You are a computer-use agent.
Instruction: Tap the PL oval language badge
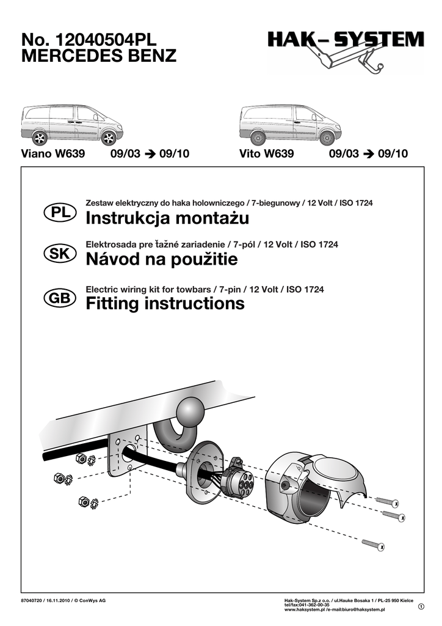pyautogui.click(x=60, y=212)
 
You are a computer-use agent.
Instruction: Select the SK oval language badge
pyautogui.click(x=60, y=254)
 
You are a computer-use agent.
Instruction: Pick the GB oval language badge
pyautogui.click(x=60, y=298)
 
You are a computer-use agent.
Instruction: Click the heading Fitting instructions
pyautogui.click(x=165, y=303)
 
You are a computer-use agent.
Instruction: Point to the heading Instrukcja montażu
pyautogui.click(x=167, y=218)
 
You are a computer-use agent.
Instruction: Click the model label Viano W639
pyautogui.click(x=53, y=153)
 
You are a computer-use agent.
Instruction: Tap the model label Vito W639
pyautogui.click(x=267, y=153)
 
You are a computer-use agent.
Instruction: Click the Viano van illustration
pyautogui.click(x=72, y=125)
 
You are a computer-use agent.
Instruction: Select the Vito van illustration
pyautogui.click(x=291, y=125)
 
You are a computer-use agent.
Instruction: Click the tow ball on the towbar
pyautogui.click(x=190, y=411)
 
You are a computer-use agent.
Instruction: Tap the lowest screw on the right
pyautogui.click(x=374, y=544)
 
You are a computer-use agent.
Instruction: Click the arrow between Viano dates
pyautogui.click(x=150, y=153)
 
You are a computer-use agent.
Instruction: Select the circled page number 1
pyautogui.click(x=421, y=607)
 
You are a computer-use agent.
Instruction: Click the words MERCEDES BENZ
pyautogui.click(x=99, y=56)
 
